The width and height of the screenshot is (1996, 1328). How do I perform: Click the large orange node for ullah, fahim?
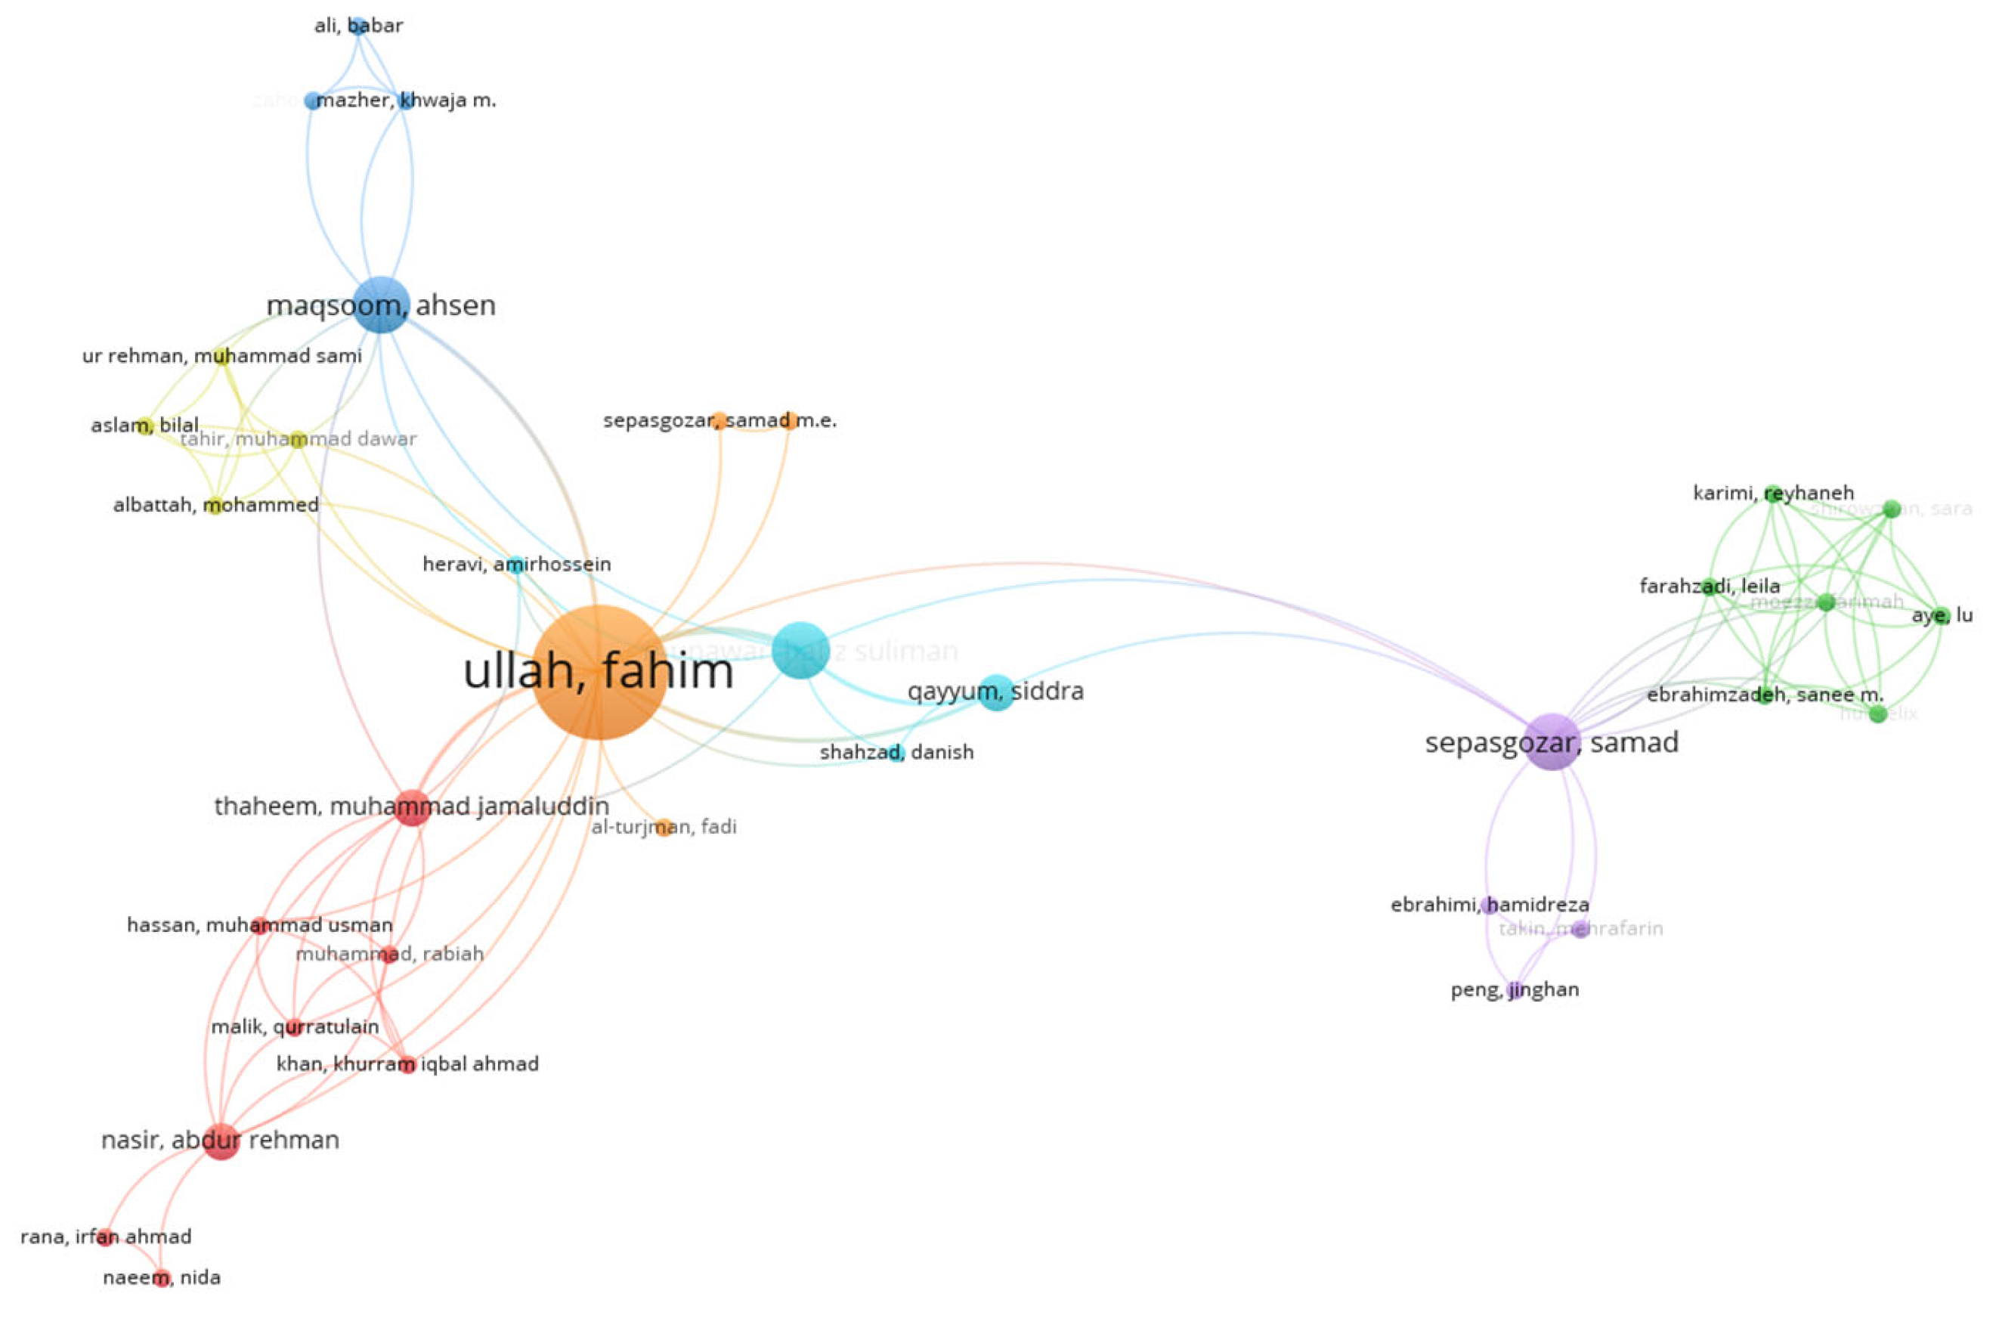click(x=599, y=672)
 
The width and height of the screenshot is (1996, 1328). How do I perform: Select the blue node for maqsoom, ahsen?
click(x=381, y=304)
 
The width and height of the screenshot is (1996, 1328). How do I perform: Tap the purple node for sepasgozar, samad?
click(x=1552, y=742)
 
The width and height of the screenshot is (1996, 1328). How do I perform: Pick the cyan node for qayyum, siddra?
click(x=996, y=692)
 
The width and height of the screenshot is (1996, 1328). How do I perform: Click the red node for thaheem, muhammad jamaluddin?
click(x=413, y=806)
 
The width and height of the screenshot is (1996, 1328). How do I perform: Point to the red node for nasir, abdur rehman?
click(x=221, y=1140)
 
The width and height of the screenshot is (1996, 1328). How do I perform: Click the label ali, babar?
click(x=358, y=26)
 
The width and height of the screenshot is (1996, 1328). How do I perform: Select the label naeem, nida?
click(x=162, y=1277)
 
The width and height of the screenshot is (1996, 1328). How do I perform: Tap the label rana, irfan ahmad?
click(x=106, y=1237)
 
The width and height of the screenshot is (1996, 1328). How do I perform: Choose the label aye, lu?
click(x=1942, y=615)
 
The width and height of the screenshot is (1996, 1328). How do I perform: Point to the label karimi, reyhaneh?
click(x=1773, y=493)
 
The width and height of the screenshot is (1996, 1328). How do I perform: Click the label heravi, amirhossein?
click(x=517, y=564)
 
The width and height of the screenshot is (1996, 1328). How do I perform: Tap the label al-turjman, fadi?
click(x=663, y=827)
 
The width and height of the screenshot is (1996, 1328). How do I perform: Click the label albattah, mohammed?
click(x=216, y=505)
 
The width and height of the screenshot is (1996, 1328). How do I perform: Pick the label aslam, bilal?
click(x=145, y=426)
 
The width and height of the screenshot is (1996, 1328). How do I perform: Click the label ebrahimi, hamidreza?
click(x=1490, y=905)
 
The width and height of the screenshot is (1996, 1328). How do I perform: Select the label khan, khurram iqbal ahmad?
click(x=407, y=1063)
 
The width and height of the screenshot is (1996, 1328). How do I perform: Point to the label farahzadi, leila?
click(x=1709, y=586)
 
